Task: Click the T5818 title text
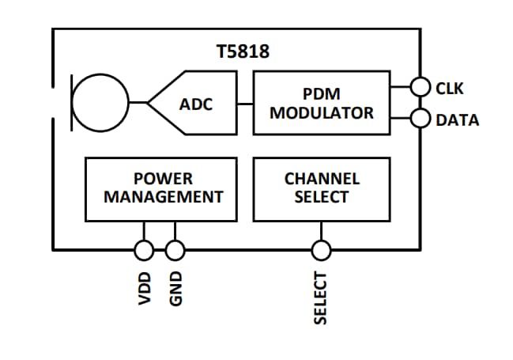(x=243, y=53)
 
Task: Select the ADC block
(x=198, y=104)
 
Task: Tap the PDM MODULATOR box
(x=321, y=103)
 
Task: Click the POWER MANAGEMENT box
(x=160, y=188)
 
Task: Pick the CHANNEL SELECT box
(x=321, y=188)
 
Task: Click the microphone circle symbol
(x=100, y=103)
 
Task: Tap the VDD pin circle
(x=144, y=251)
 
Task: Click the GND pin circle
(x=175, y=251)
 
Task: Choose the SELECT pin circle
(x=321, y=251)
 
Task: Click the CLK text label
(x=450, y=88)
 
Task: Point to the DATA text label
(x=457, y=120)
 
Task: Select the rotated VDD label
(x=144, y=289)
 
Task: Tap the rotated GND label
(x=175, y=290)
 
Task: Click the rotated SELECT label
(x=321, y=297)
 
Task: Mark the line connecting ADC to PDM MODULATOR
(x=245, y=103)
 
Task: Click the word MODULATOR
(x=321, y=112)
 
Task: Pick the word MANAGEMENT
(x=164, y=197)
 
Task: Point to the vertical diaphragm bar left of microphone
(x=72, y=103)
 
